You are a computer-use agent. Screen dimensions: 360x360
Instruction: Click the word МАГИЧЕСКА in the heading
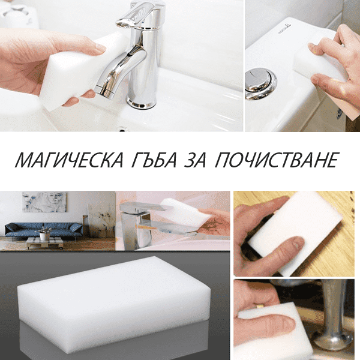coord(69,160)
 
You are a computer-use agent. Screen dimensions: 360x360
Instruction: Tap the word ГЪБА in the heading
coord(155,160)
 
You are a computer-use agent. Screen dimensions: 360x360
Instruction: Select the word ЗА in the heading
coord(195,160)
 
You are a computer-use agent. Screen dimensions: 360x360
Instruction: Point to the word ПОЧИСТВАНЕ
coord(277,160)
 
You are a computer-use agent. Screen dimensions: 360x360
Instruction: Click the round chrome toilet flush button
coord(260,83)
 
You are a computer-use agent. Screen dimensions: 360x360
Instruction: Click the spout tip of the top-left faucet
coord(104,92)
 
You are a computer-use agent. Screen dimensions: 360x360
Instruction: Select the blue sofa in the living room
coord(44,230)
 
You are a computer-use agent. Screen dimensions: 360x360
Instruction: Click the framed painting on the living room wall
coord(44,202)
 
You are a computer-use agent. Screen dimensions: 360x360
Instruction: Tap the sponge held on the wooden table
coord(295,233)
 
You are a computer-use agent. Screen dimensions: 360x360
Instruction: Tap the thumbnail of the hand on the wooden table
coord(298,243)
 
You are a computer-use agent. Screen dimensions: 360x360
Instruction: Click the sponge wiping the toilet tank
coord(319,62)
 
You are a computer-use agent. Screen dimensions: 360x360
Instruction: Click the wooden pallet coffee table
coord(45,243)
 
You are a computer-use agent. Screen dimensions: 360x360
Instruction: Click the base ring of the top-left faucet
coord(141,103)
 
